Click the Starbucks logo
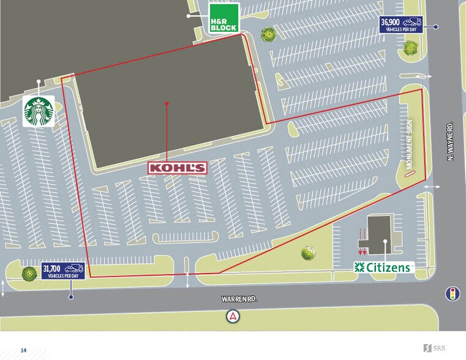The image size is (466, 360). point(39,111)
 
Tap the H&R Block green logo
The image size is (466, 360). point(223,18)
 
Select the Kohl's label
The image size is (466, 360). point(178,167)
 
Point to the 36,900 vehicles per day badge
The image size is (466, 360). point(401,25)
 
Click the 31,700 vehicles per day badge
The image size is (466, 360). point(62,270)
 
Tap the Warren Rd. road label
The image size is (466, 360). point(239,299)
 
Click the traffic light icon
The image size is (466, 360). point(453,293)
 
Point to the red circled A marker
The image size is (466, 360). point(233,317)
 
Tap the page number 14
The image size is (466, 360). point(23,350)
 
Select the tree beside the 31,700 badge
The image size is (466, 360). point(28,274)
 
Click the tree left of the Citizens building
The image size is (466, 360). point(308,252)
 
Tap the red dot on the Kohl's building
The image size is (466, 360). point(167,103)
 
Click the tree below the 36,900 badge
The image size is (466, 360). point(409,46)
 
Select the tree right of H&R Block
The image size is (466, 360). point(268,34)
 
